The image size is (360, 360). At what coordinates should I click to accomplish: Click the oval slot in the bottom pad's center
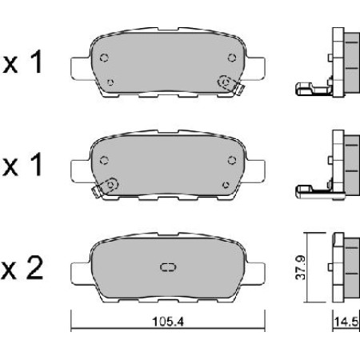pyautogui.click(x=167, y=267)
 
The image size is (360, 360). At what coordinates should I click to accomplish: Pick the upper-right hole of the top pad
pyautogui.click(x=231, y=56)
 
